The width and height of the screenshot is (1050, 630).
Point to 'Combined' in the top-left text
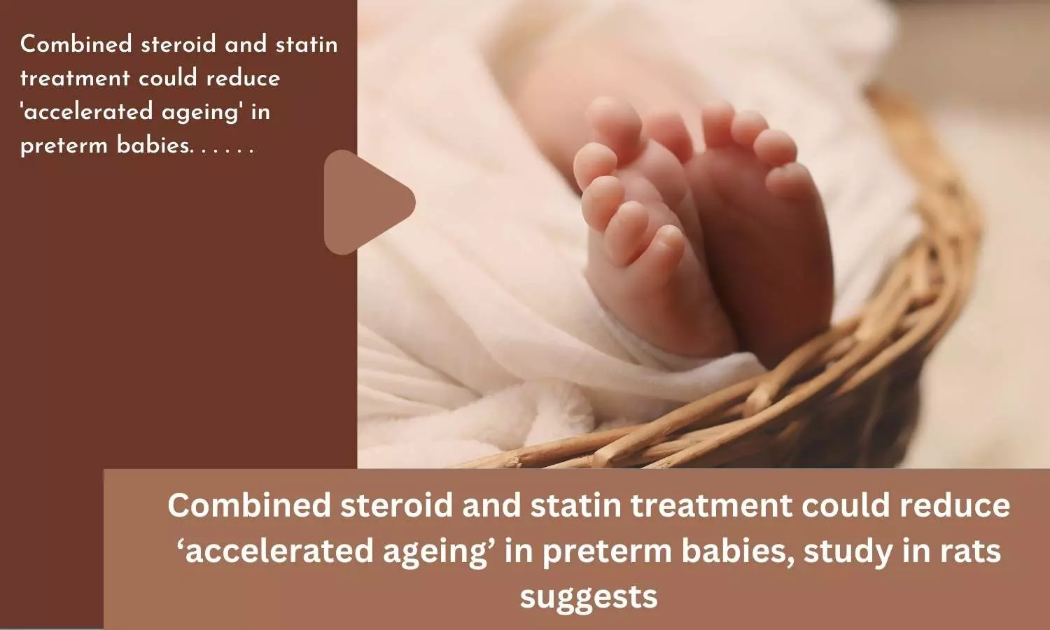76,44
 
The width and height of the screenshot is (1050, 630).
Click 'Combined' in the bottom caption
249,506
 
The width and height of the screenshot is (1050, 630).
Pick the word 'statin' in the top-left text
307,45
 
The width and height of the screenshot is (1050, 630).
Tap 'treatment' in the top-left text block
75,78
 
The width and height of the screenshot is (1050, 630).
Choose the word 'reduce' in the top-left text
243,78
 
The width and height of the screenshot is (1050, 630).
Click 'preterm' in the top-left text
64,146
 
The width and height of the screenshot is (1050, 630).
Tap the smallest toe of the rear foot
790,181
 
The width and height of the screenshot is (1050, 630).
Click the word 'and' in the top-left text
246,45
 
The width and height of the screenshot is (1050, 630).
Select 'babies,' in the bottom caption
738,552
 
